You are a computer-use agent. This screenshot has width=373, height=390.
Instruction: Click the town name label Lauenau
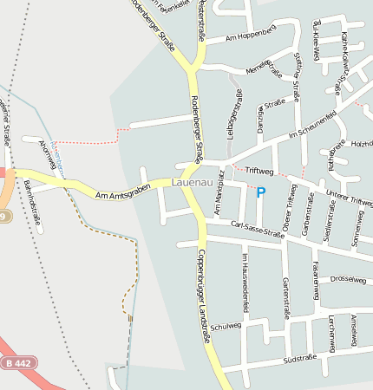[x=191, y=183]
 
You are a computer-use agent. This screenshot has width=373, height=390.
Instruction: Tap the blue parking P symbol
[x=260, y=192]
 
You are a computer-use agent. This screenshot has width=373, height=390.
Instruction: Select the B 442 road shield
[x=18, y=363]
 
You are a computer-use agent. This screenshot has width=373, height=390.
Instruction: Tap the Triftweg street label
[x=258, y=171]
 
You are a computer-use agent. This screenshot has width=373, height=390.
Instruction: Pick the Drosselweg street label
[x=349, y=280]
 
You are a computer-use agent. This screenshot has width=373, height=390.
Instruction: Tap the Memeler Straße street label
[x=264, y=68]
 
